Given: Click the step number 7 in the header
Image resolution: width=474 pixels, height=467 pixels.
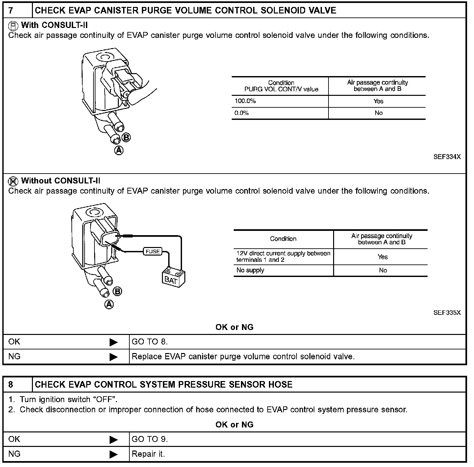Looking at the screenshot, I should pos(11,11).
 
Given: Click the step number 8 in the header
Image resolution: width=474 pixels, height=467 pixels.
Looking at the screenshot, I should pos(11,384).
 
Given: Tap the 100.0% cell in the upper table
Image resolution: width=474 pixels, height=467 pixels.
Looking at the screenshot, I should pos(245,101).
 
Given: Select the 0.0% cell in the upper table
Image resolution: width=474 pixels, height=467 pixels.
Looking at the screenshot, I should pos(242,113).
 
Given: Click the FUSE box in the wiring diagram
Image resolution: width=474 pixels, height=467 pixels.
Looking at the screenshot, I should pos(152,252).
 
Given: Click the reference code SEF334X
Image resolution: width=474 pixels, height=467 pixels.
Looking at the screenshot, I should pos(447,157).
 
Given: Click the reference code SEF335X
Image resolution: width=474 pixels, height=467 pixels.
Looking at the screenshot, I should pos(447,313).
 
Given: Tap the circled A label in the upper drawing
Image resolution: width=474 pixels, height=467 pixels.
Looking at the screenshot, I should pos(118,151).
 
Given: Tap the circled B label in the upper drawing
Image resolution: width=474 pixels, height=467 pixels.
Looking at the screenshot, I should pos(126,138).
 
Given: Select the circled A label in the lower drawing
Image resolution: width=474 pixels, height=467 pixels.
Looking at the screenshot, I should pos(109,305).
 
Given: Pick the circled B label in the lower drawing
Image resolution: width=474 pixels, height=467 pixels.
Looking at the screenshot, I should pos(117,291).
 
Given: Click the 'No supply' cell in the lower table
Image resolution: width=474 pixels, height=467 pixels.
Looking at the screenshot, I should pos(250,270).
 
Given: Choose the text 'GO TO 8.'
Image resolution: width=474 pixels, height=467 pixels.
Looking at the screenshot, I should pos(150,342).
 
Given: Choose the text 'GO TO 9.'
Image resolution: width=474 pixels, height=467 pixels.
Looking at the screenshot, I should pos(150,439).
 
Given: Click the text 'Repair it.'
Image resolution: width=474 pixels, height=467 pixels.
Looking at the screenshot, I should pos(148,454).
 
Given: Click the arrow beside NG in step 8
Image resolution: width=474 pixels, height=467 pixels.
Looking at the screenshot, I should pos(114,454).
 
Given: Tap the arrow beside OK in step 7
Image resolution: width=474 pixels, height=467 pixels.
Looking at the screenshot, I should pos(114,342).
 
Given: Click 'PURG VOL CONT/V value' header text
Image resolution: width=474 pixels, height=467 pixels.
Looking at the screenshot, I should pos(281,89).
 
